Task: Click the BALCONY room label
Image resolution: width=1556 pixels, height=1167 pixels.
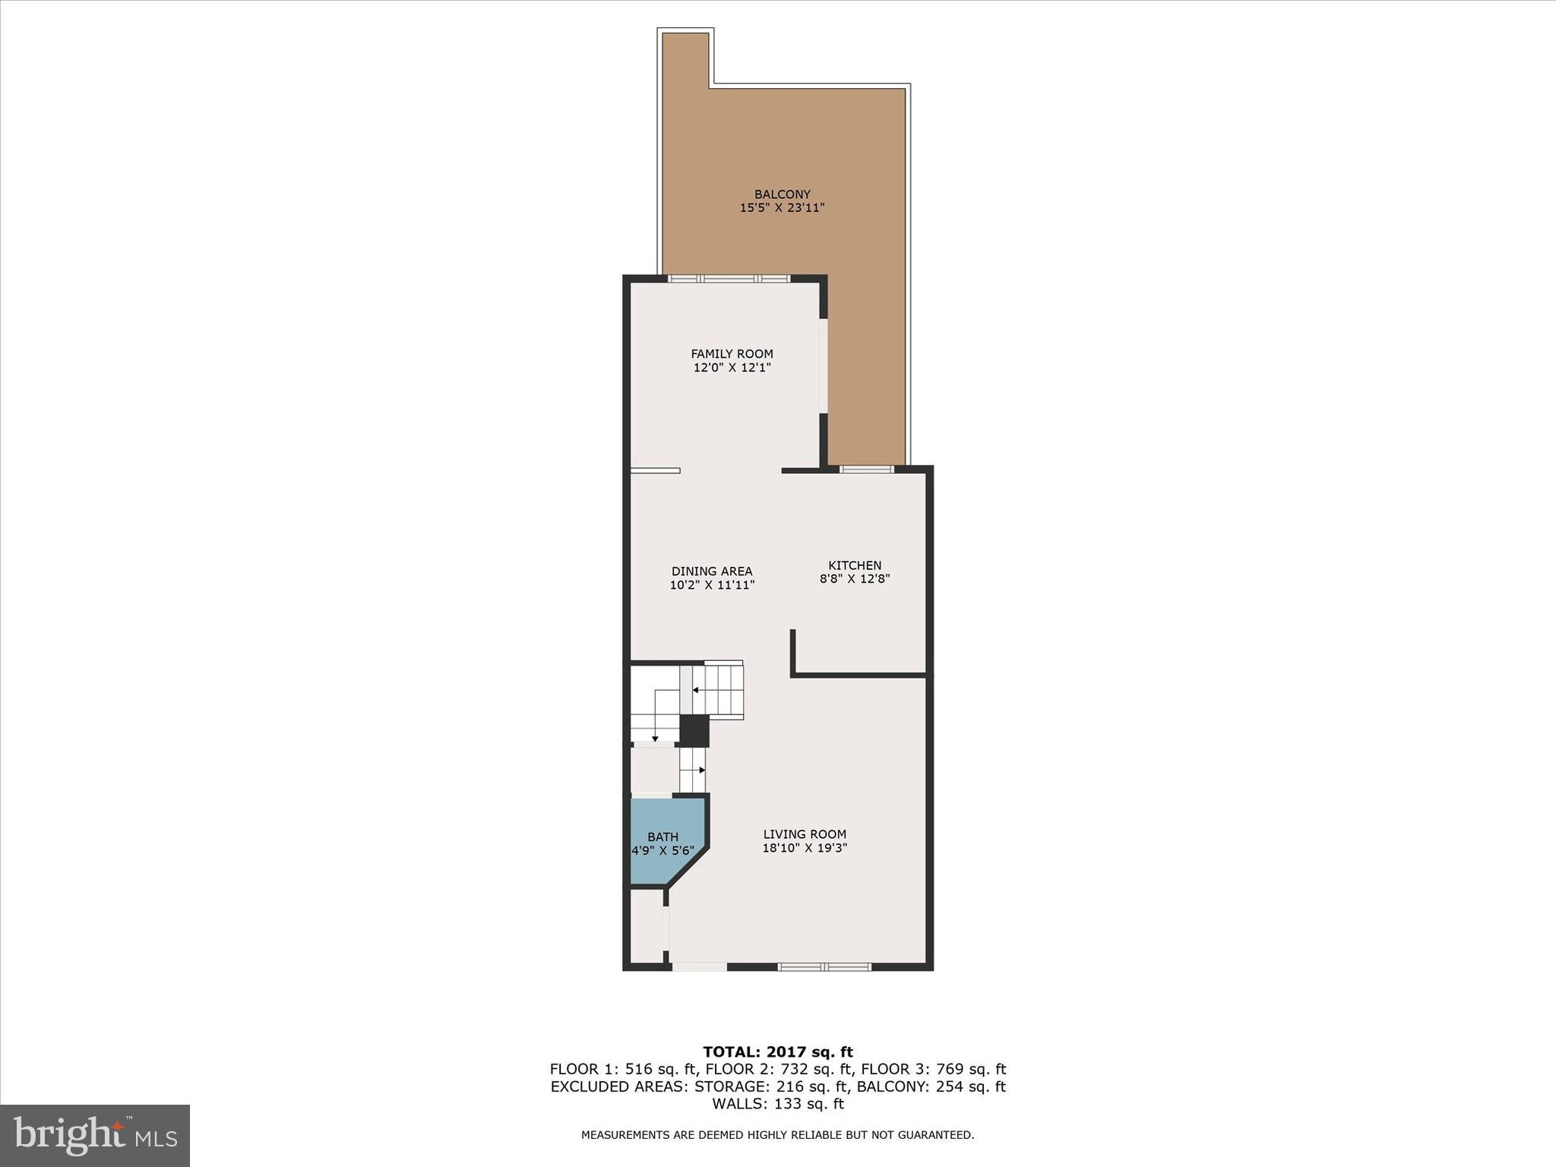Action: [x=782, y=194]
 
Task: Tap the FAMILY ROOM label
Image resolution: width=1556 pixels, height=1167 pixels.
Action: [x=732, y=354]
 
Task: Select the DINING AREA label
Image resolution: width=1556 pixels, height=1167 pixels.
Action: [x=712, y=571]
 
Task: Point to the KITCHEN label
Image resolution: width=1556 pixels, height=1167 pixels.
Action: [x=855, y=565]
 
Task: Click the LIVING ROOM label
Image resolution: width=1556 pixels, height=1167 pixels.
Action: [x=805, y=834]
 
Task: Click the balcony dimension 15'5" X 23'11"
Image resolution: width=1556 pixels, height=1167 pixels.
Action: [x=782, y=207]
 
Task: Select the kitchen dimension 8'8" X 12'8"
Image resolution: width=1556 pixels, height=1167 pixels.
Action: [x=855, y=579]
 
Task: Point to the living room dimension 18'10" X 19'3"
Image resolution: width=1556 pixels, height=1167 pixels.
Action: [x=805, y=848]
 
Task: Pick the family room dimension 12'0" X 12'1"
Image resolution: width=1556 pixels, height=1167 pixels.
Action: [x=732, y=368]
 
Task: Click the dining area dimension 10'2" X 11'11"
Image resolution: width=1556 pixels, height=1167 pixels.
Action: [x=712, y=585]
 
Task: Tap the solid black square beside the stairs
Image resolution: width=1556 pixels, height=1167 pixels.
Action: [x=694, y=730]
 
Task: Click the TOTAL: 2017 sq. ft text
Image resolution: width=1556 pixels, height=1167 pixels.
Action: [x=778, y=1052]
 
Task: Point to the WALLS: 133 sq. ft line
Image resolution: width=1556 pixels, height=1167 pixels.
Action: [x=778, y=1104]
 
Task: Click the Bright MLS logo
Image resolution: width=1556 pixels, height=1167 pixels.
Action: [x=95, y=1135]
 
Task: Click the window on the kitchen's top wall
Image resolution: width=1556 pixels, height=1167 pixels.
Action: [x=867, y=470]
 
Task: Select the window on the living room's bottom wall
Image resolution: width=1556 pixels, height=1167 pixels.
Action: [x=824, y=967]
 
